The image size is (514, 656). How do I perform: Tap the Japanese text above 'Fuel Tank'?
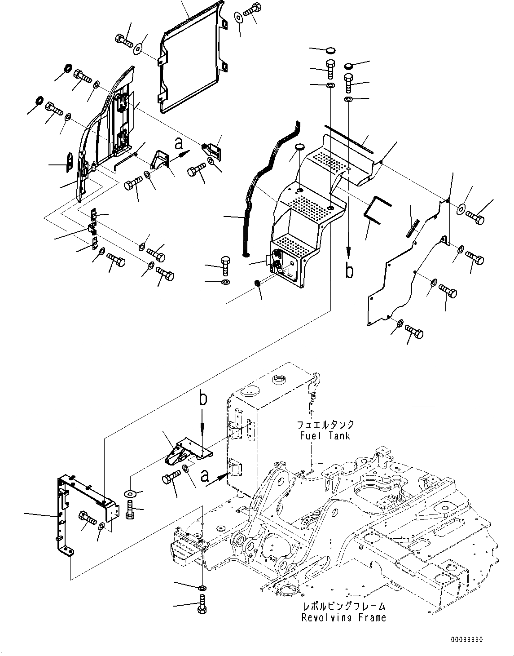point(325,425)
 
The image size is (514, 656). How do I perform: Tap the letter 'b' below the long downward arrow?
point(349,271)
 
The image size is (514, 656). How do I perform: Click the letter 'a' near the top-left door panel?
point(179,144)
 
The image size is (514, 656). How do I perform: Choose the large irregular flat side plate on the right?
point(406,270)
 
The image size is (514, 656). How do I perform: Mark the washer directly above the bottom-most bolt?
point(202,588)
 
